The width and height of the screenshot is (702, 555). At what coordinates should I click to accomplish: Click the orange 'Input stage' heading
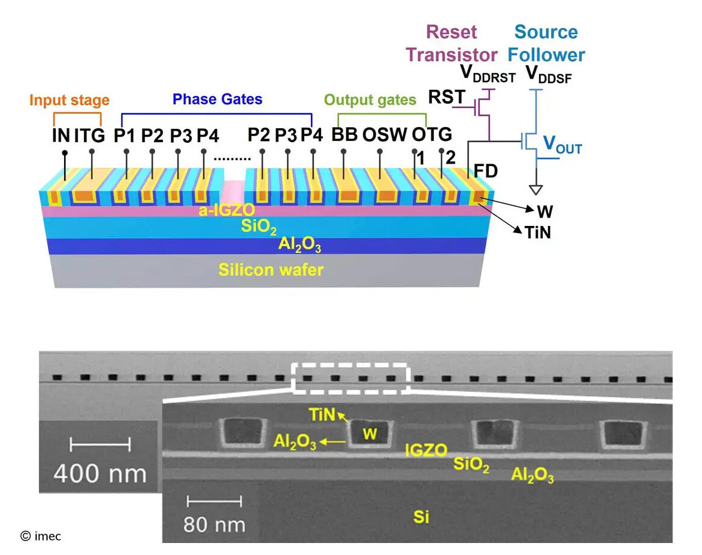(69, 99)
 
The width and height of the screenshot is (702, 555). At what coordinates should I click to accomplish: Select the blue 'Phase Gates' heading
(217, 99)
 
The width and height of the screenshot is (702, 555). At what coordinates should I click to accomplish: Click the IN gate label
(60, 135)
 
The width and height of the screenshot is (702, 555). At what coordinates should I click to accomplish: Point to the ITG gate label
(90, 135)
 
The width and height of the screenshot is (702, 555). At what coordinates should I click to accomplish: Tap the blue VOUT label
(562, 144)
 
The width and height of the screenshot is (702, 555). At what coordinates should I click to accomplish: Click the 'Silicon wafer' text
(271, 270)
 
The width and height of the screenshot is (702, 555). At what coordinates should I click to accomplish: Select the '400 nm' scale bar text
(100, 473)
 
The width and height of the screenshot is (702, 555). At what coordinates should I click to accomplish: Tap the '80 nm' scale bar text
(214, 524)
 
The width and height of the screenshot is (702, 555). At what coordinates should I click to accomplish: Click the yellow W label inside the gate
(370, 435)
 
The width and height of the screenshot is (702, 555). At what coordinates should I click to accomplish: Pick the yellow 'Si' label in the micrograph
(421, 516)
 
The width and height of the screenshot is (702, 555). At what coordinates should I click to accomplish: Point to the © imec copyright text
(41, 536)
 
